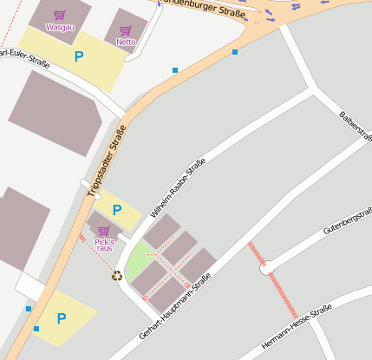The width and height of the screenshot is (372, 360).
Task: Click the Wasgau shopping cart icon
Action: pyautogui.click(x=60, y=15)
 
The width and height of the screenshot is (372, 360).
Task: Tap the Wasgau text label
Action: pyautogui.click(x=60, y=27)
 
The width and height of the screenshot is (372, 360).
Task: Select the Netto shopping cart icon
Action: pyautogui.click(x=127, y=28)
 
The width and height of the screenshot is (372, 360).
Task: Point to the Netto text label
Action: pyautogui.click(x=127, y=41)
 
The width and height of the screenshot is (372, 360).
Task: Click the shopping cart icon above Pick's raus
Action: pyautogui.click(x=104, y=230)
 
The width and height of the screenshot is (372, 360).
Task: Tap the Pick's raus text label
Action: pyautogui.click(x=104, y=244)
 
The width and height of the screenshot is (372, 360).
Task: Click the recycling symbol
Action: pyautogui.click(x=117, y=276)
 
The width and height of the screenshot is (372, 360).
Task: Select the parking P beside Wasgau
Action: pyautogui.click(x=79, y=57)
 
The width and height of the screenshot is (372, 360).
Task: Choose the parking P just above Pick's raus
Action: pyautogui.click(x=117, y=211)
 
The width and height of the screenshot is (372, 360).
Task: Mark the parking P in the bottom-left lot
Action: pyautogui.click(x=61, y=318)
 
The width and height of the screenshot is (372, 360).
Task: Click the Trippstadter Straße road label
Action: pyautogui.click(x=107, y=160)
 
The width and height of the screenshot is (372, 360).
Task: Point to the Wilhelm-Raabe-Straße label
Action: pyautogui.click(x=178, y=187)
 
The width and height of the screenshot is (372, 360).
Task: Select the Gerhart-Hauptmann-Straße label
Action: pyautogui.click(x=174, y=307)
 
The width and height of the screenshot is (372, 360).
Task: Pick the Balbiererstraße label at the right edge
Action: pyautogui.click(x=356, y=127)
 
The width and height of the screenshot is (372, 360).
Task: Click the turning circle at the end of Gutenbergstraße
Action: pyautogui.click(x=267, y=268)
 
